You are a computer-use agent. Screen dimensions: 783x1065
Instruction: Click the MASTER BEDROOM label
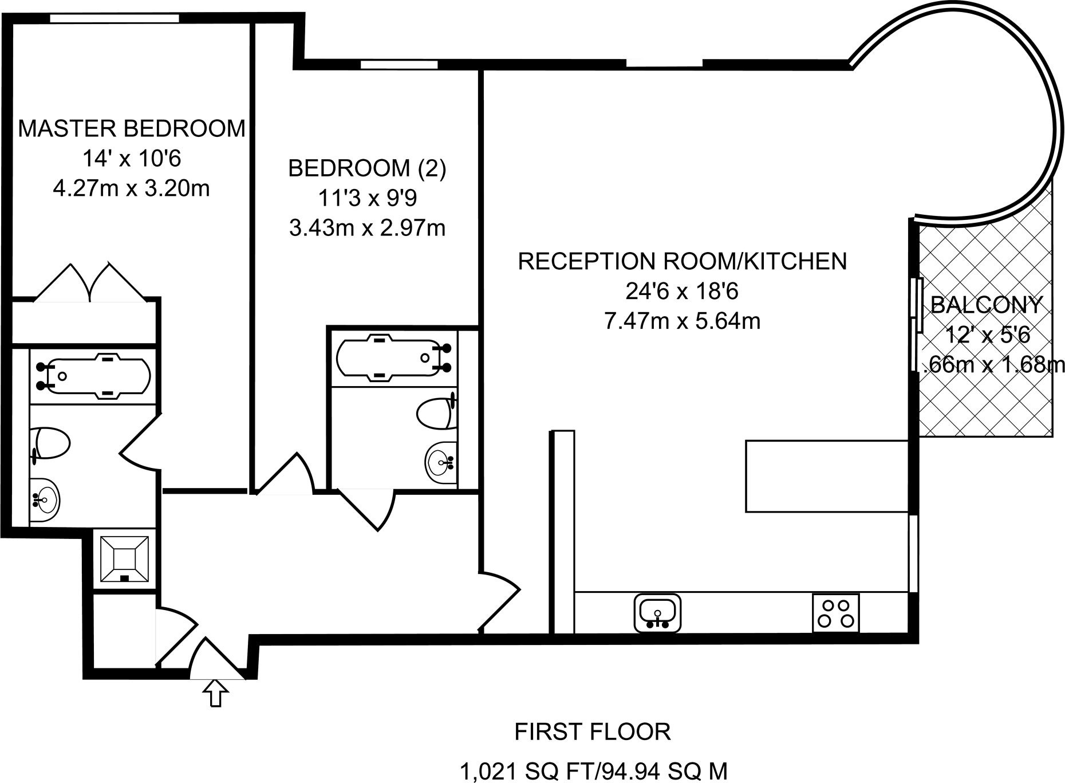coord(132,128)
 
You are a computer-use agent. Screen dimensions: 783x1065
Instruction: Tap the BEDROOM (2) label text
coord(366,168)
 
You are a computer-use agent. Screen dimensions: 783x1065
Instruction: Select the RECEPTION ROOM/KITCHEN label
coord(682,261)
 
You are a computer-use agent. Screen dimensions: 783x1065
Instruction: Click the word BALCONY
coord(986,305)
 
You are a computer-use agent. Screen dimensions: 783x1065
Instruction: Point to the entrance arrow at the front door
coord(215,693)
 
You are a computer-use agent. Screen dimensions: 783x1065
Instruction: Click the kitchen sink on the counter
coord(657,613)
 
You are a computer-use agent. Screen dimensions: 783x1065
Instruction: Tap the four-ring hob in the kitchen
coord(835,613)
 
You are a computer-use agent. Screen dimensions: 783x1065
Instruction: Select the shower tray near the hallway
coord(124,558)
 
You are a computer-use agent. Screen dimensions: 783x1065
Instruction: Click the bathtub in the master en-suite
coord(94,376)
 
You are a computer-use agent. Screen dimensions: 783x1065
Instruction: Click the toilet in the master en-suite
coord(50,443)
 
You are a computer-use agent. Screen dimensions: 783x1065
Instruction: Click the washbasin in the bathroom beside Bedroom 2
coord(441,462)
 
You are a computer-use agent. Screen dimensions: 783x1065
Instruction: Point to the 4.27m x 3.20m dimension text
coord(131,188)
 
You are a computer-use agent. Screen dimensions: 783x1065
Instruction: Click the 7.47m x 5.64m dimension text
coord(682,321)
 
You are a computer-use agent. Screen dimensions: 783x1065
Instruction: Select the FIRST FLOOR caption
coord(593,731)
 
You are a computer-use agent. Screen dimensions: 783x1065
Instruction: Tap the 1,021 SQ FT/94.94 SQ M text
coord(594,771)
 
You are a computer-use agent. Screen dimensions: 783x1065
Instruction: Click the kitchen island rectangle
coord(827,475)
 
